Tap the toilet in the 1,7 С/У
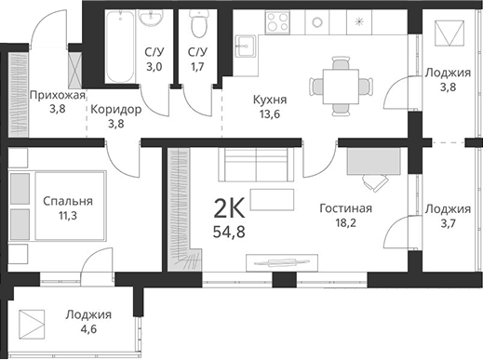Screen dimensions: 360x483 [195, 22]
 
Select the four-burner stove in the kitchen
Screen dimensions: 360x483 [279, 20]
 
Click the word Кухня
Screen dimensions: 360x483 [270, 100]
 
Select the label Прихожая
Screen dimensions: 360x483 [58, 95]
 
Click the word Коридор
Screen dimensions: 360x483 [115, 109]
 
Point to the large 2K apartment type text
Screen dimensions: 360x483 [232, 207]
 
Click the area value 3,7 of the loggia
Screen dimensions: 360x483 [447, 223]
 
